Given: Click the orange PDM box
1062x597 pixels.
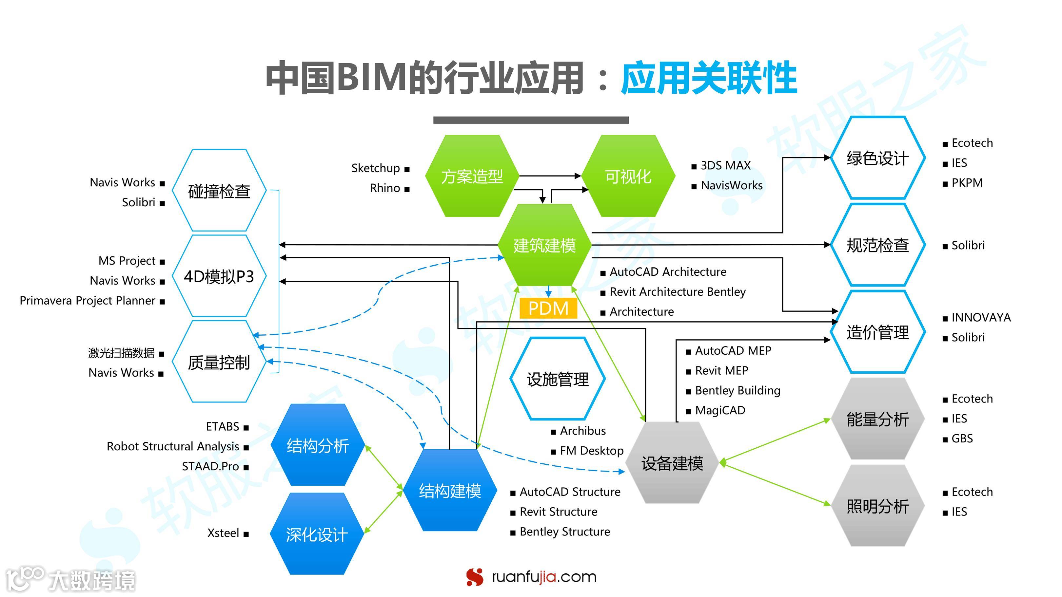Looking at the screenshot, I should pos(548,308).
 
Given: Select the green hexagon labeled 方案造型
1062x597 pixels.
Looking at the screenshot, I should pos(472,176).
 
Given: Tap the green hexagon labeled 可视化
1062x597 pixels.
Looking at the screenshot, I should pos(628,176).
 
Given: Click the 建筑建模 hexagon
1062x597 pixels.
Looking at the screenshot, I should pos(544,245).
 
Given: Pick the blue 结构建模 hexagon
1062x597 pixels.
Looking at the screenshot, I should pos(450,490).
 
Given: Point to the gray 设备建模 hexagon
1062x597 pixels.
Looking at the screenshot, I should pos(672,463).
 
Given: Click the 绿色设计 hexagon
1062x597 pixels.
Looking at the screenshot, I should pos(877,158).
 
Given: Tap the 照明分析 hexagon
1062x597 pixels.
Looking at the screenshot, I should pos(877,506).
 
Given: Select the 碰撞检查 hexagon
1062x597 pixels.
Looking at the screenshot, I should pos(219,191).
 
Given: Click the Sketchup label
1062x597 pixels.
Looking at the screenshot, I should pos(375,168).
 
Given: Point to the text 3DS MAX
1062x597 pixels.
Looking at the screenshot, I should pos(726,165).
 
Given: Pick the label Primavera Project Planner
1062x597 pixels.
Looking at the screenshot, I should pos(88,300).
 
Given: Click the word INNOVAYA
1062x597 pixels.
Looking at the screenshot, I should pos(981,317).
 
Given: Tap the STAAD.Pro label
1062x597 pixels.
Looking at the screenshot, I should pos(210,466).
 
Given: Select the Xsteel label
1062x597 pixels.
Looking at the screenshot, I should pos(223,533).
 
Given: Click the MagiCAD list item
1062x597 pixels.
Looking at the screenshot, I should pos(720,410).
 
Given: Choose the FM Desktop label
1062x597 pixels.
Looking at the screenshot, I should pos(592,450).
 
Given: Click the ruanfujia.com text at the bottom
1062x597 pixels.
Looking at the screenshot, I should pos(544,577).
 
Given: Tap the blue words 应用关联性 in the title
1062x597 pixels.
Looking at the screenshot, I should pos(709,78).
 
